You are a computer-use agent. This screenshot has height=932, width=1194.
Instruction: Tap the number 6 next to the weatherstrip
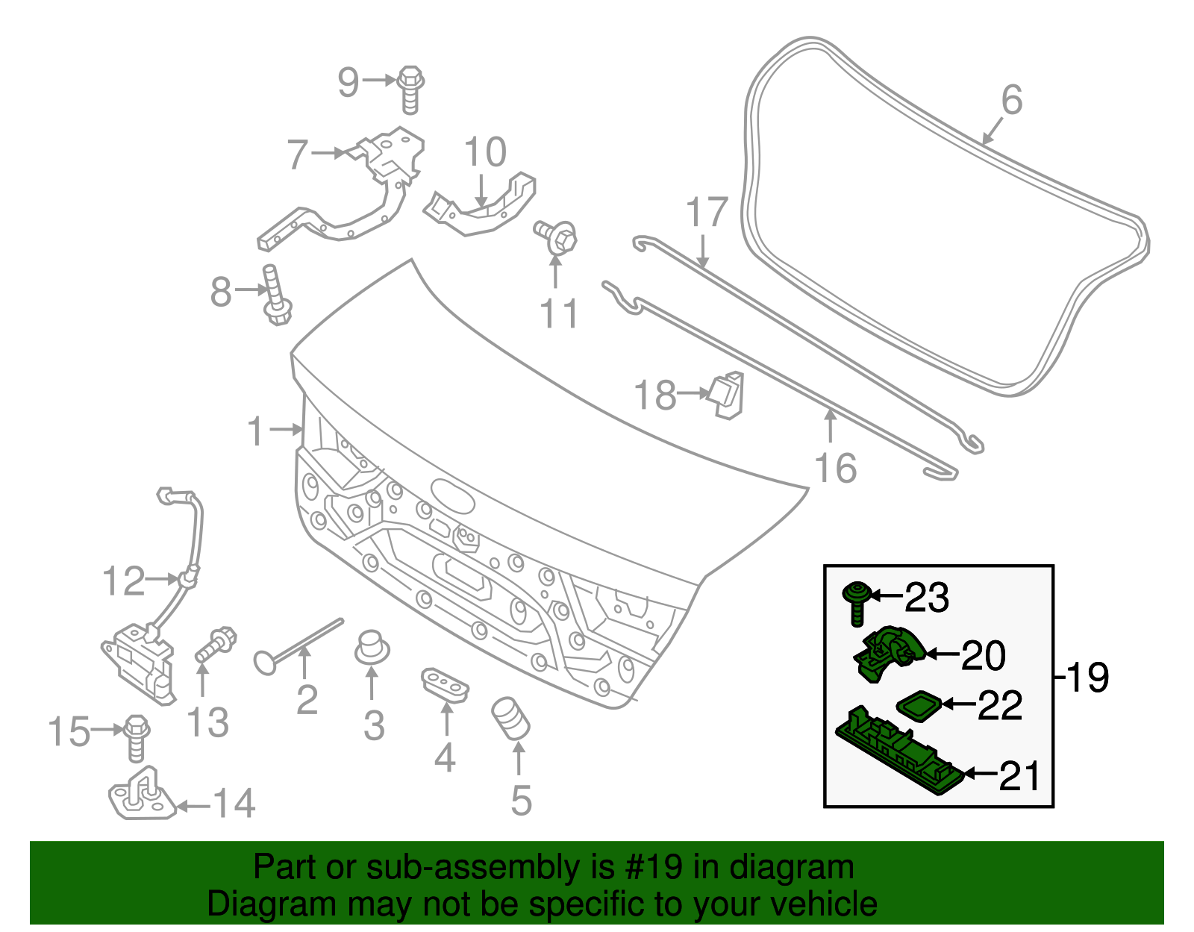tap(1011, 100)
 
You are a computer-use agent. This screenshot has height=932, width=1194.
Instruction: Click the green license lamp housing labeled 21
tap(899, 750)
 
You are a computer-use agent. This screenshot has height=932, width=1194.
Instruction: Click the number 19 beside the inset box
tap(1087, 678)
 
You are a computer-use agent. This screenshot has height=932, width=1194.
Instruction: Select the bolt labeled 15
tap(136, 736)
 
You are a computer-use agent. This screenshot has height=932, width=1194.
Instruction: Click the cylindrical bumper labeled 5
tap(510, 718)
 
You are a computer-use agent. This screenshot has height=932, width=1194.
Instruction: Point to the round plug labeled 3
tap(371, 646)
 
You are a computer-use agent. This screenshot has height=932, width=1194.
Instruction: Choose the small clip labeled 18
tap(727, 393)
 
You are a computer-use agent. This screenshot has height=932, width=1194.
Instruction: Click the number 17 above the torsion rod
tap(706, 213)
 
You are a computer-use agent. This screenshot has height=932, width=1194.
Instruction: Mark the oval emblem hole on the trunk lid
tap(452, 495)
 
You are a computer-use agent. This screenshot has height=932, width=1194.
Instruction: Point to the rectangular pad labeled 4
tap(446, 684)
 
